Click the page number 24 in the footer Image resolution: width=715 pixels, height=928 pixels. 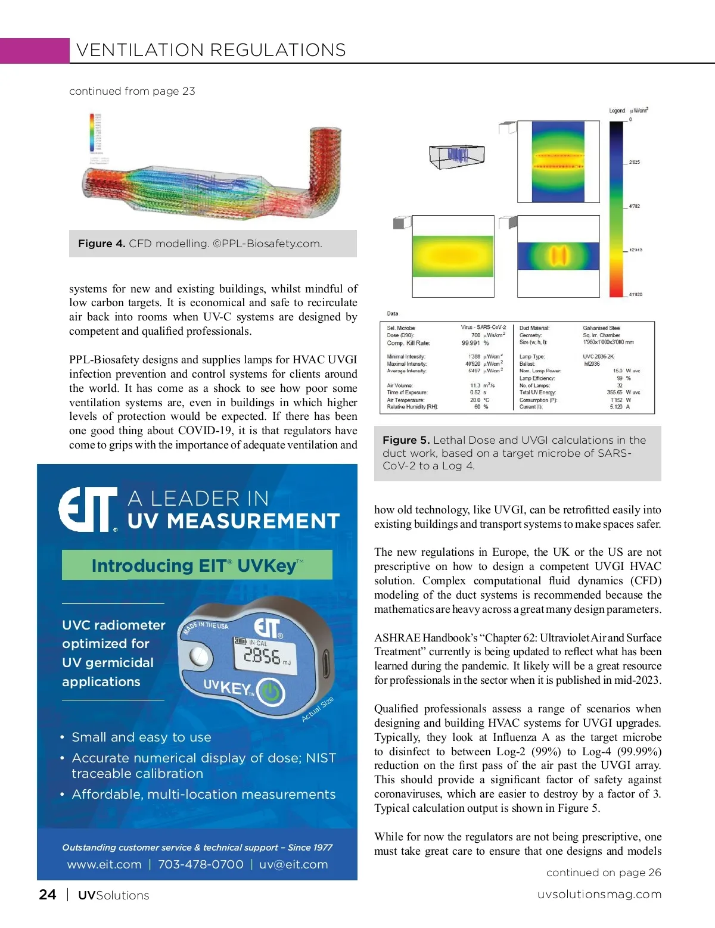(48, 895)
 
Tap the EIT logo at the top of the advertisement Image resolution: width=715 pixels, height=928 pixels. (88, 510)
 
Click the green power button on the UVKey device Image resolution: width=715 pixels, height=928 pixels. (271, 692)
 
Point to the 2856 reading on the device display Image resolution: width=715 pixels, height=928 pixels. (262, 656)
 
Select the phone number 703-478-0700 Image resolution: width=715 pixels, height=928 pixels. (201, 864)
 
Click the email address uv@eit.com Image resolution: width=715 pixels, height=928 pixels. (293, 864)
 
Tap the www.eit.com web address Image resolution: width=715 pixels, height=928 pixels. (104, 864)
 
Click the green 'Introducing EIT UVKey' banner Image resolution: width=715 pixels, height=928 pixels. (197, 565)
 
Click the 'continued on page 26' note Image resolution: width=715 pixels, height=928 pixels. (604, 873)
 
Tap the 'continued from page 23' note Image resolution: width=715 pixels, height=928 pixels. (132, 91)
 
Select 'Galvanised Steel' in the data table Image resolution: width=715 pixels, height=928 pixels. (601, 328)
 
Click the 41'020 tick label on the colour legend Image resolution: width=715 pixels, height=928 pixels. (635, 295)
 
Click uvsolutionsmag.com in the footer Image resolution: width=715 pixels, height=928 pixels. (599, 895)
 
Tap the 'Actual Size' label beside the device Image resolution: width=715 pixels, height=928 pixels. (318, 709)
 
